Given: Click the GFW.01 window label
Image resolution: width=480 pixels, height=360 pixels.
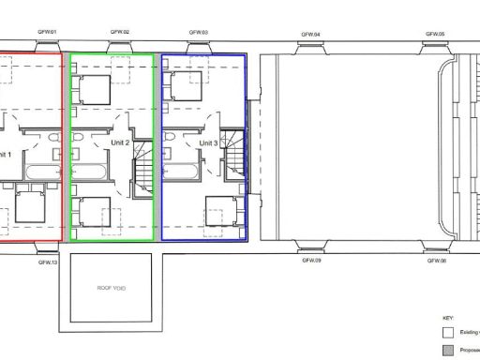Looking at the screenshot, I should pyautogui.click(x=48, y=33).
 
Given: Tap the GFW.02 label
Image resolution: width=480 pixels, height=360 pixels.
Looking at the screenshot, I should pyautogui.click(x=120, y=32).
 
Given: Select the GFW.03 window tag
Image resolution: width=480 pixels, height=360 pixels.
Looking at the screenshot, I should pyautogui.click(x=199, y=32).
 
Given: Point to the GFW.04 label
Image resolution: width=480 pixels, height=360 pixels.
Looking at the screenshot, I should pyautogui.click(x=311, y=35).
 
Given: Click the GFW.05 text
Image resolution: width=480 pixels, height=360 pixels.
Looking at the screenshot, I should pyautogui.click(x=435, y=34).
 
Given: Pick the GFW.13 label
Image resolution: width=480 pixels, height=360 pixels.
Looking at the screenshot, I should pyautogui.click(x=48, y=262).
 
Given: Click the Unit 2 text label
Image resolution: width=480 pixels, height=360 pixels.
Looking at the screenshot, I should pyautogui.click(x=119, y=142).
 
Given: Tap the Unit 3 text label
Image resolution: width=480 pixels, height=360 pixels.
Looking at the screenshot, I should pyautogui.click(x=208, y=142).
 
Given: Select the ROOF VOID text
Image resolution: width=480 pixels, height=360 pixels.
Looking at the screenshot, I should pyautogui.click(x=112, y=288).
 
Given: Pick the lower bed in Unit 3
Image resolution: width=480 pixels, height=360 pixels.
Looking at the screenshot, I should pyautogui.click(x=221, y=210).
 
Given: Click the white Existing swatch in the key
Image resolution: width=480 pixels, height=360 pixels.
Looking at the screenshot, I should pyautogui.click(x=448, y=332).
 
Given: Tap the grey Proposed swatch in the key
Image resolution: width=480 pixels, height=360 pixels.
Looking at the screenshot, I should pyautogui.click(x=448, y=350).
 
